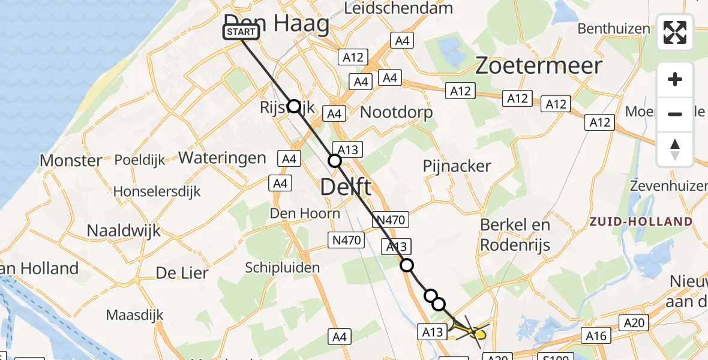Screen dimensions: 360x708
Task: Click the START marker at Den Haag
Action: (241, 32)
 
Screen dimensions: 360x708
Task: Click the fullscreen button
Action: (675, 32)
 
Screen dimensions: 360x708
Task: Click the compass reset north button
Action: (675, 149)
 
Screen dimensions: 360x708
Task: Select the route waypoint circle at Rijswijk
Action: (294, 106)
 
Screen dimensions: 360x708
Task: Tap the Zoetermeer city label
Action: (538, 65)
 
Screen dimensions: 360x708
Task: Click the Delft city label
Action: (346, 187)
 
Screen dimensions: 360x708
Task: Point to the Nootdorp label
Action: (396, 112)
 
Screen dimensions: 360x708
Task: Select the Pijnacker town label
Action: (457, 166)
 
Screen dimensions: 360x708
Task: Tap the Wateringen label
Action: (222, 158)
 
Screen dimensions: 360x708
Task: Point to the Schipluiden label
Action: (282, 268)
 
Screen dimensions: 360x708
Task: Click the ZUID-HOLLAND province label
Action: (640, 221)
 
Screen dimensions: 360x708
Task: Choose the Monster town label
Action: (71, 161)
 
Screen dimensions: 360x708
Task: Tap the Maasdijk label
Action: (130, 314)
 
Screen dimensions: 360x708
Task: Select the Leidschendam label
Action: (398, 8)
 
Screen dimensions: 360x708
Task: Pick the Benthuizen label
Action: (614, 28)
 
